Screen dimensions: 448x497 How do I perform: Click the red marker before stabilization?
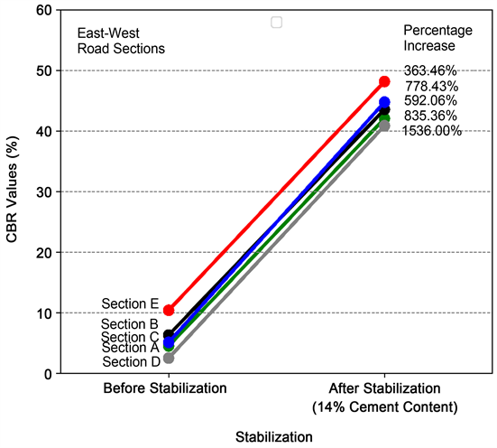[x=169, y=310]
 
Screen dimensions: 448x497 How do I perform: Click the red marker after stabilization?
[x=384, y=81]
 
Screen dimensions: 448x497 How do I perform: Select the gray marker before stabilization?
[x=169, y=359]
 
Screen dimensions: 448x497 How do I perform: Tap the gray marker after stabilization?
[x=384, y=126]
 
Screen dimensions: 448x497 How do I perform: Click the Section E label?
[x=130, y=303]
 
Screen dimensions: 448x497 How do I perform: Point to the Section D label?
[x=130, y=361]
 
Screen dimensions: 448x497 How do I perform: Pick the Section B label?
[x=130, y=324]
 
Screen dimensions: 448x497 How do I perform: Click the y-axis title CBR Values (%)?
[x=13, y=191]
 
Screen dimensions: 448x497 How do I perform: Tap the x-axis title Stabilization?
[x=274, y=436]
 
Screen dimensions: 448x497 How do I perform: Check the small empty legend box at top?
[x=276, y=22]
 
